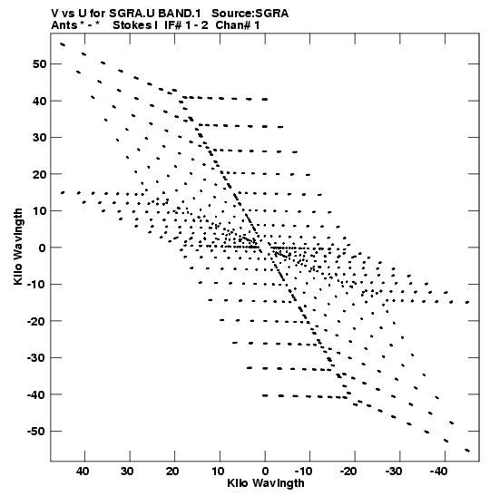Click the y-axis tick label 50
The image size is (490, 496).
[39, 64]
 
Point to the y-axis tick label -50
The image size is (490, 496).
[36, 431]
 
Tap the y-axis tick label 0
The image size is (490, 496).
[43, 248]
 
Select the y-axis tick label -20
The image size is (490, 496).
[36, 321]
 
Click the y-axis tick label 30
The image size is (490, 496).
[39, 138]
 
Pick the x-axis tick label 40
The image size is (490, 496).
[83, 472]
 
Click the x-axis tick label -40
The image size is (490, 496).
[438, 472]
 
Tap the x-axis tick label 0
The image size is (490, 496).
[265, 472]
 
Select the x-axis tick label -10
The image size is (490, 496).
[304, 472]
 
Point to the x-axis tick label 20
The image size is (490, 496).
[172, 472]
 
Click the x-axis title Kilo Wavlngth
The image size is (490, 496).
[266, 483]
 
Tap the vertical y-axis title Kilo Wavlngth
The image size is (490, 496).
[18, 247]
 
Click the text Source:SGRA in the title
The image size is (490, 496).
[250, 14]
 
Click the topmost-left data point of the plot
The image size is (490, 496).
[63, 44]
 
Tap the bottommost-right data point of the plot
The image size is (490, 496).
[467, 450]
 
